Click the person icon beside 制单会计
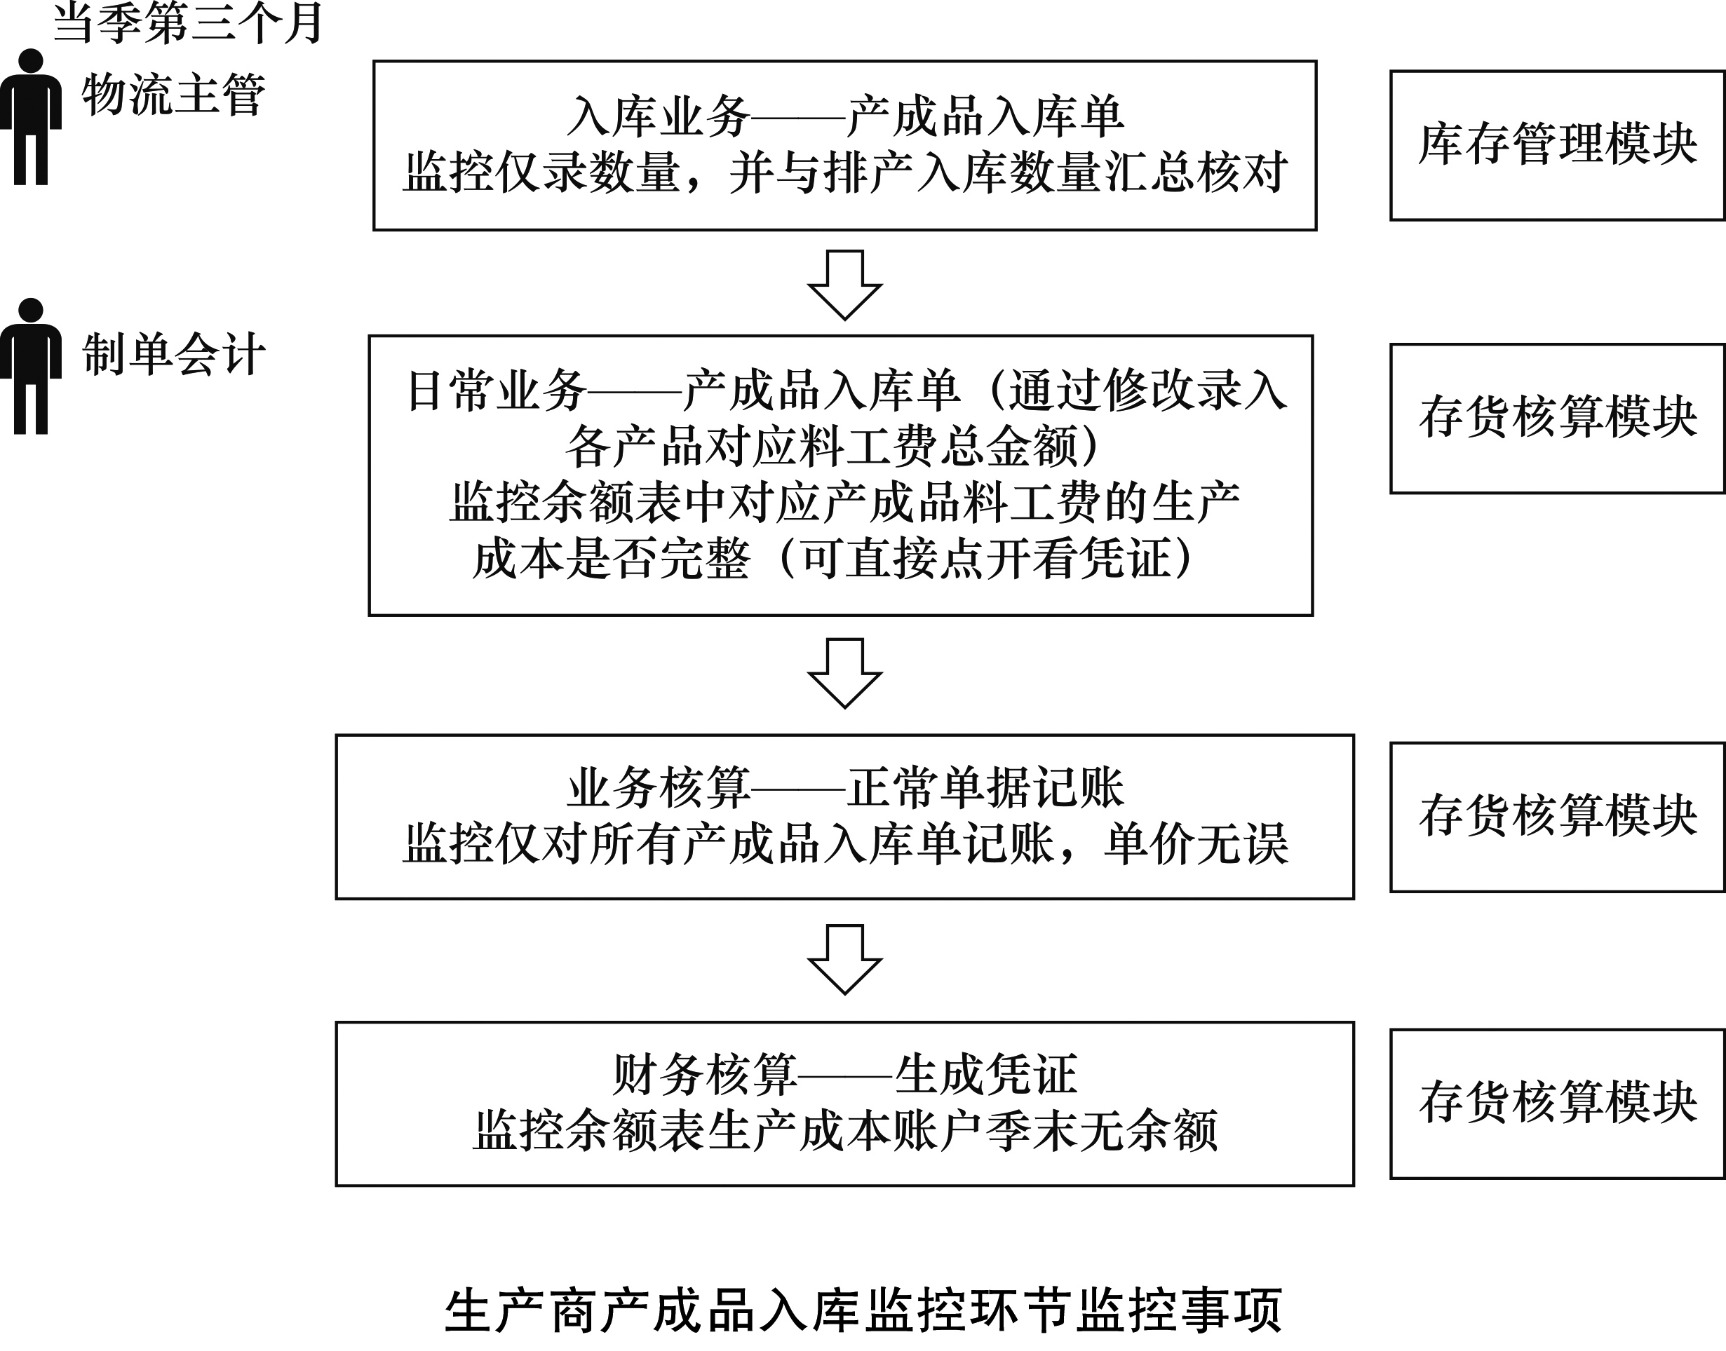click(31, 366)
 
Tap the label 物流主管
click(174, 95)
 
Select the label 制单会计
click(174, 353)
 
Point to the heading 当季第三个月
click(187, 22)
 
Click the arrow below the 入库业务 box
click(844, 285)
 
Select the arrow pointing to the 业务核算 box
click(844, 673)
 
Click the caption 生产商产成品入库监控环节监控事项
click(863, 1310)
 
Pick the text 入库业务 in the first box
click(659, 117)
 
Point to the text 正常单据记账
click(986, 788)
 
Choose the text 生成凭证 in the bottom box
click(986, 1075)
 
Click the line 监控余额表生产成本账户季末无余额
click(845, 1130)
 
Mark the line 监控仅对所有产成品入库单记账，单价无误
click(845, 844)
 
